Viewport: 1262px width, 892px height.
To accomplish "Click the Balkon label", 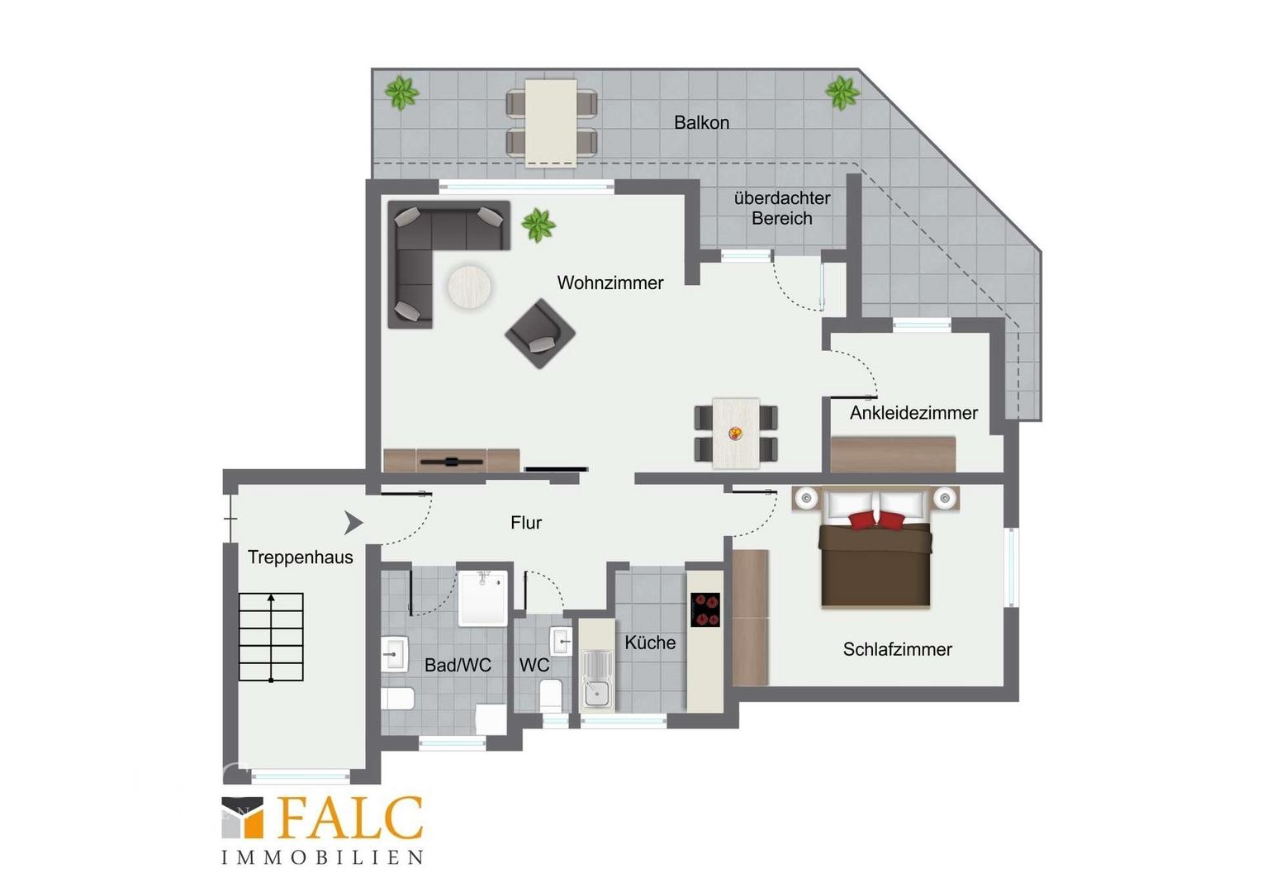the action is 701,123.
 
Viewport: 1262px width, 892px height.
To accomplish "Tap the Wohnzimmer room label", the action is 610,282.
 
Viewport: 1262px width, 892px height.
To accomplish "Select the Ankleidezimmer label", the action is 913,413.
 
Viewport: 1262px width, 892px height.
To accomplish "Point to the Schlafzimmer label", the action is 898,649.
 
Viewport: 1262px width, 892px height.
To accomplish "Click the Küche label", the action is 650,643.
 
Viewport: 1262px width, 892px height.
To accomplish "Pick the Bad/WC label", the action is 458,665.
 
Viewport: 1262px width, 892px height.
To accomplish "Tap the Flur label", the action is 525,523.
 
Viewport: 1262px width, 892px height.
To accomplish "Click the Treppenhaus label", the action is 301,557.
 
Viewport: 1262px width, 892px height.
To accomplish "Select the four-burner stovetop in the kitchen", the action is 705,610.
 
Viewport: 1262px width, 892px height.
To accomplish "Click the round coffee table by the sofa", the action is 469,287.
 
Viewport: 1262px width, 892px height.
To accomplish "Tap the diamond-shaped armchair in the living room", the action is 539,334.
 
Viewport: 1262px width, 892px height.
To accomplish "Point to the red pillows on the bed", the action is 876,520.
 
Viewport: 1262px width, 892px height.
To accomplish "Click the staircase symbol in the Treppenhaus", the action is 271,638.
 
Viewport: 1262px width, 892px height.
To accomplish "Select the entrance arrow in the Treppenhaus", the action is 353,523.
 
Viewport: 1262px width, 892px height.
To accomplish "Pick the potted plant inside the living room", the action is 538,225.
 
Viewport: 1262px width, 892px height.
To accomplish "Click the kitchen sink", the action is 597,679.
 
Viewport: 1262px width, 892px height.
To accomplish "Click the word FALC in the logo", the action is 350,818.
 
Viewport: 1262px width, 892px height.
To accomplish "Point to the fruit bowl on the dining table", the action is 735,433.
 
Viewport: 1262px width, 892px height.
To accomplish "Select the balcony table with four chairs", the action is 551,123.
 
